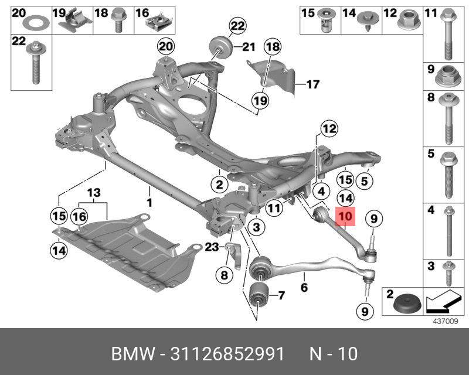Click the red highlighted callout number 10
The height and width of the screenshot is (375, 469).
pos(345,217)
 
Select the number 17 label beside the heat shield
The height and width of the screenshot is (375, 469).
pos(312,84)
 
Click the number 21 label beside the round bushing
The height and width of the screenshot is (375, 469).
pos(249,47)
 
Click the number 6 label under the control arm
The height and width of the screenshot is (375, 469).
pos(304,288)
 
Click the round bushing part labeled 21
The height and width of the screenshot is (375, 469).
pos(219,46)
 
